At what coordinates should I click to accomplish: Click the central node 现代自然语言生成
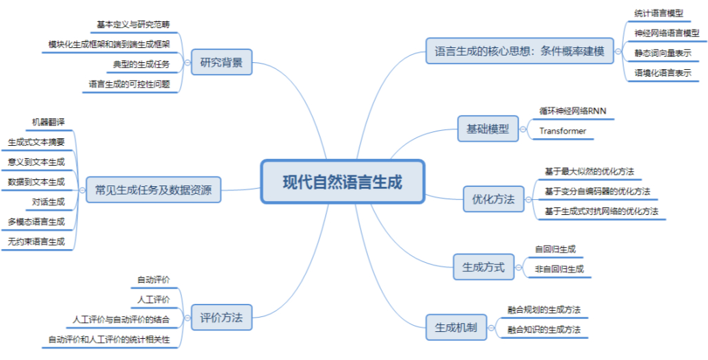343,182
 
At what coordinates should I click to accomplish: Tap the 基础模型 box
488,129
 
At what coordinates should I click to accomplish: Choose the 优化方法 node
493,200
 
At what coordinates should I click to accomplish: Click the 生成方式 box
484,267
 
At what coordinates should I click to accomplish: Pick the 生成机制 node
456,327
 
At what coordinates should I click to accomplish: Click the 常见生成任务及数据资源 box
154,190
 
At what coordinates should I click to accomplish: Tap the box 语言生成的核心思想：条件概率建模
520,51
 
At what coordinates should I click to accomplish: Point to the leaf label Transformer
562,131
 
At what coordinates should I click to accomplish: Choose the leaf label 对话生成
48,202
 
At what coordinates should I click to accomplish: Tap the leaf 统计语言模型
658,12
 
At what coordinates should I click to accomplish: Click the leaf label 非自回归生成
559,270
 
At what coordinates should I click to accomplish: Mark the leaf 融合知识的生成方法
544,331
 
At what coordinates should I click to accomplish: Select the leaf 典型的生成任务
141,64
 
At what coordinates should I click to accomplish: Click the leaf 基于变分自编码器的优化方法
597,191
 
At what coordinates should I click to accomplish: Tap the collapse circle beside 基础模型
523,129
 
